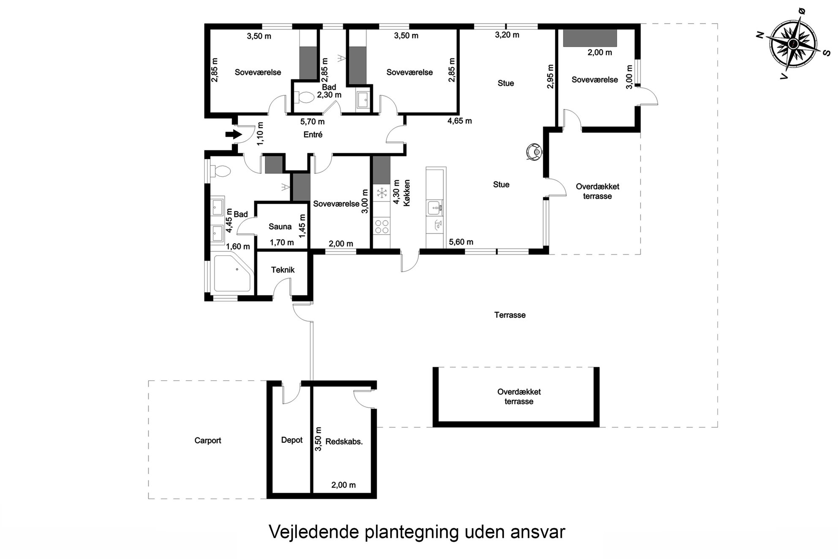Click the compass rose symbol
tap(793, 44)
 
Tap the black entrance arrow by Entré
tap(234, 135)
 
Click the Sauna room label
tap(280, 226)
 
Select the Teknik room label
tap(283, 270)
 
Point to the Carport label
tap(208, 440)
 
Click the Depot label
tap(292, 440)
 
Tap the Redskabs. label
tap(344, 442)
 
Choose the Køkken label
tap(407, 193)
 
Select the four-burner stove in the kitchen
tap(382, 226)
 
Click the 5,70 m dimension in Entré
tap(313, 122)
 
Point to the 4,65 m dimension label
tap(460, 121)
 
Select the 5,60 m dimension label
tap(461, 242)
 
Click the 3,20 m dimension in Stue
tap(507, 35)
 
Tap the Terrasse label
tap(510, 315)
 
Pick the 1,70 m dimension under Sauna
tap(282, 243)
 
